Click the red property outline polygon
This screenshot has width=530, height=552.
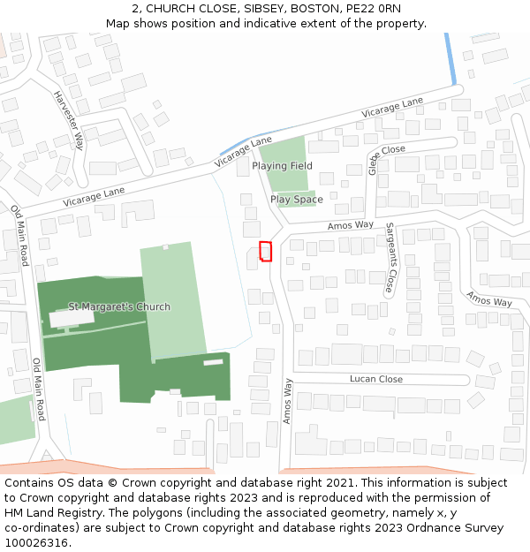(265, 251)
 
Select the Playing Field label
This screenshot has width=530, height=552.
(282, 166)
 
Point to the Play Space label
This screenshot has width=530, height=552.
(296, 200)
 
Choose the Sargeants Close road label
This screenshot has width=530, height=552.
(390, 257)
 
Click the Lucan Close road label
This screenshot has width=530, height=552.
(376, 379)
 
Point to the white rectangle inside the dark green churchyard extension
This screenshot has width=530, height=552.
(213, 362)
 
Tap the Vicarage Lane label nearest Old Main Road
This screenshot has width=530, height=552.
(94, 196)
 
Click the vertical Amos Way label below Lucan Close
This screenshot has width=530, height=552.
(288, 401)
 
